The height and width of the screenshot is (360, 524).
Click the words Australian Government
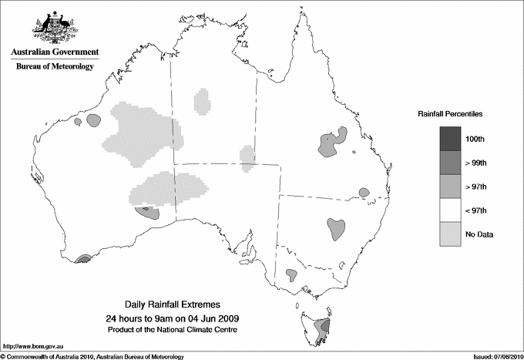(55, 52)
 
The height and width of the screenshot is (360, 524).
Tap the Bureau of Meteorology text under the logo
(55, 66)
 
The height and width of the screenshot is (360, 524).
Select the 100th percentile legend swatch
(451, 139)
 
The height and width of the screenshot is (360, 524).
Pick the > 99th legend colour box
(451, 163)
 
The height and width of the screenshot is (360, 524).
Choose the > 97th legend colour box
(451, 187)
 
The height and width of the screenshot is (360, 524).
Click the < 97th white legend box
(451, 210)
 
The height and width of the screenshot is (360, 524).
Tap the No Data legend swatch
(451, 234)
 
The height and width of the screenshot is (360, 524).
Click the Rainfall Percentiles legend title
(450, 114)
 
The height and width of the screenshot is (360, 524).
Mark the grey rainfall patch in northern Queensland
(331, 143)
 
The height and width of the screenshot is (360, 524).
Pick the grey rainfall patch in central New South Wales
(336, 227)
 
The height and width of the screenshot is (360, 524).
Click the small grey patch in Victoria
(291, 274)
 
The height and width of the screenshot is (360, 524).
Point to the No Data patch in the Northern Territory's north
(202, 101)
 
